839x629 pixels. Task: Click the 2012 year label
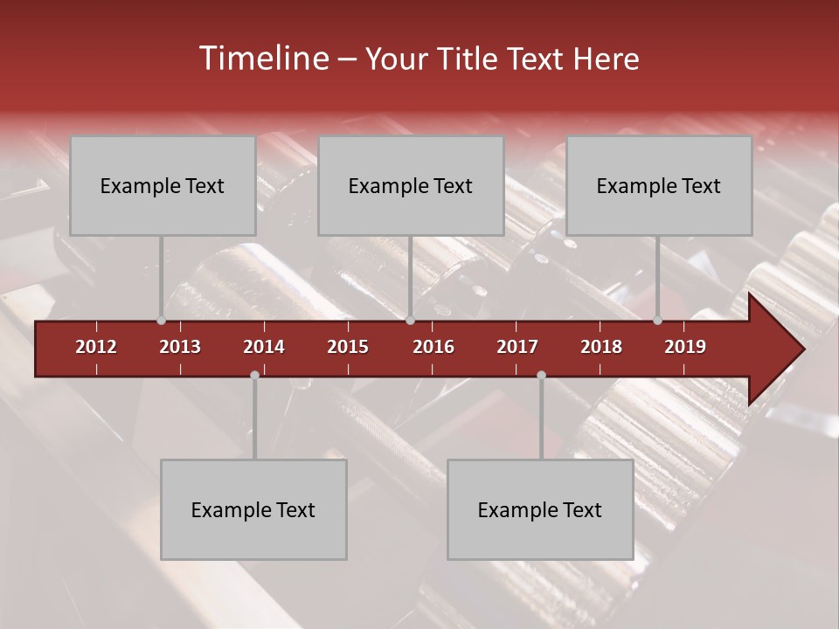96,347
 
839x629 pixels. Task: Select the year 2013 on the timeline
180,347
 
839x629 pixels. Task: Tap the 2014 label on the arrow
264,347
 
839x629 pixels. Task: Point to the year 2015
348,347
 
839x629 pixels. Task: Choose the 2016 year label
433,347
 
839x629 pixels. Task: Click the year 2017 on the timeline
517,347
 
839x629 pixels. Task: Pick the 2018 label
601,347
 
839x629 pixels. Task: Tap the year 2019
685,347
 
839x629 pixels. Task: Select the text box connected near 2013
163,185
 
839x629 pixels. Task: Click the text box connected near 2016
411,185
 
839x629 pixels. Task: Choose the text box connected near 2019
659,185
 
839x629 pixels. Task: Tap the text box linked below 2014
253,509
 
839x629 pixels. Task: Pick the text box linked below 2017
540,509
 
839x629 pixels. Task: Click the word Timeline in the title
263,59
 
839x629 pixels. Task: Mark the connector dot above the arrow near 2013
161,321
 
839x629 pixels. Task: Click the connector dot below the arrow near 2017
541,376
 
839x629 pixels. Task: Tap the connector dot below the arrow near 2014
254,376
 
